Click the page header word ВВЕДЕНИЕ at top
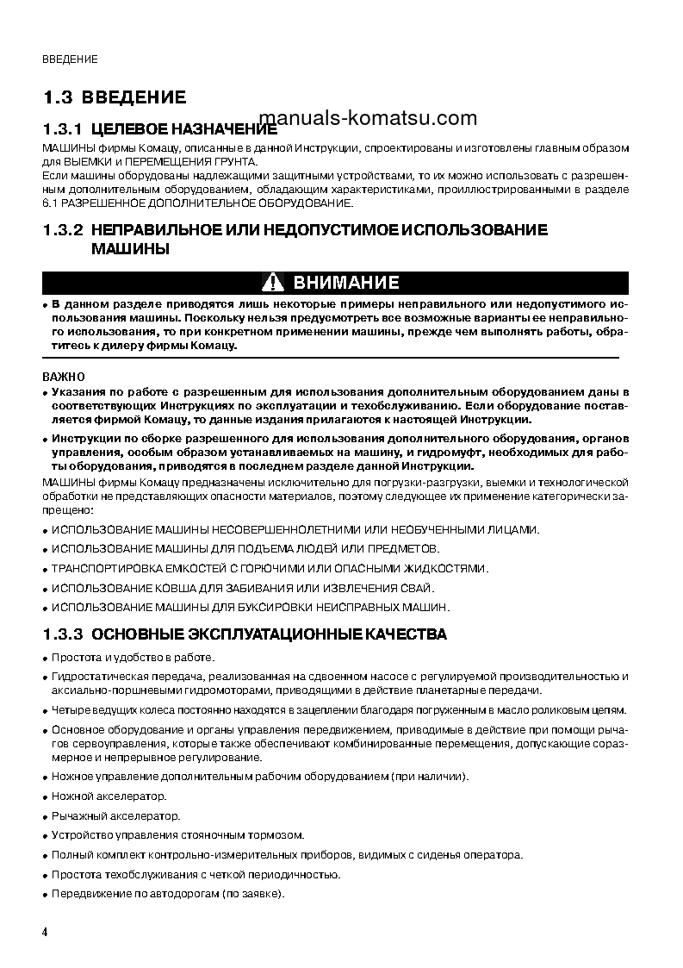pos(70,59)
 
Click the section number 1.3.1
pos(61,129)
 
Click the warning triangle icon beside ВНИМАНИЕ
pos(273,283)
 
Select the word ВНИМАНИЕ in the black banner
pos(346,283)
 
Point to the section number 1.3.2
pos(61,230)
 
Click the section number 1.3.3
pos(61,634)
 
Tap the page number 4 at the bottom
pos(46,934)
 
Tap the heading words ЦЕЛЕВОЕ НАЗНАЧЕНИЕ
pos(184,129)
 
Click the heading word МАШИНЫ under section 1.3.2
pos(130,249)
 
